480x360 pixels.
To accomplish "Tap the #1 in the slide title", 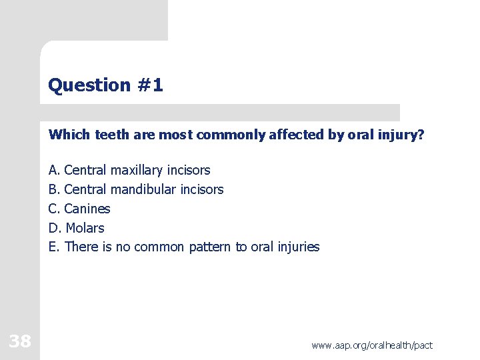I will (x=149, y=85).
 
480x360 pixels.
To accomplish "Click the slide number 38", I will (x=20, y=341).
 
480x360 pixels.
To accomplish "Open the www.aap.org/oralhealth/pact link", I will (x=371, y=345).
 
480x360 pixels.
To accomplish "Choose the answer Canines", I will (x=87, y=209).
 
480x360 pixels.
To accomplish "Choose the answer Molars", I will (x=85, y=228).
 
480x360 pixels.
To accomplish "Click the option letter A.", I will (x=53, y=170).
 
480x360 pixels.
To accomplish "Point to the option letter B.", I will (x=53, y=189).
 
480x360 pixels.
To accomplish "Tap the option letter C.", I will (x=53, y=209).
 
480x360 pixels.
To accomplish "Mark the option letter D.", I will (x=53, y=228).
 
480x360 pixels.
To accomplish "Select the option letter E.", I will (x=53, y=247).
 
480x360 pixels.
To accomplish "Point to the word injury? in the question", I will (x=402, y=135).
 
